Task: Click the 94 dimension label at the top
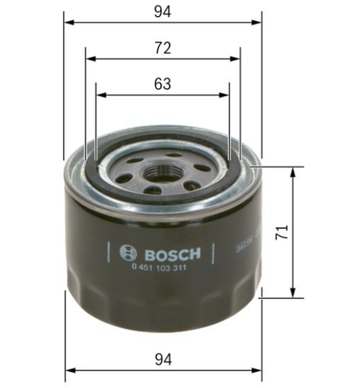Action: pos(163,12)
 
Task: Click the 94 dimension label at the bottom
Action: pos(163,360)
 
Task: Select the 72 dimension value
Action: pos(163,48)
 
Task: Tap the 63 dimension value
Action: pos(163,84)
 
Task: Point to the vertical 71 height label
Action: pos(282,232)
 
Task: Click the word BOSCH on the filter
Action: pos(172,254)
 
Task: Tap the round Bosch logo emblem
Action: pos(129,253)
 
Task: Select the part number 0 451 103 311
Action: pos(159,268)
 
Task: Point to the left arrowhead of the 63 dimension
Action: pos(102,95)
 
